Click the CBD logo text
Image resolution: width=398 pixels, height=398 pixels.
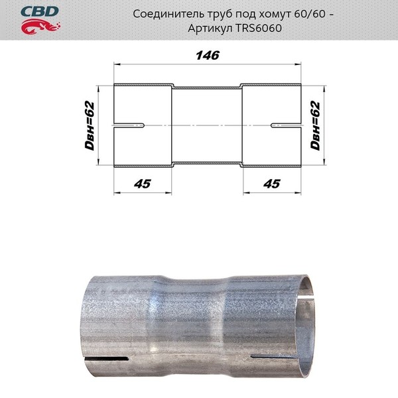[x=40, y=12]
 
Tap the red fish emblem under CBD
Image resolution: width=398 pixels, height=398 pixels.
[x=40, y=27]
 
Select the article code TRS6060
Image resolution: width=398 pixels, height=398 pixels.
[x=259, y=28]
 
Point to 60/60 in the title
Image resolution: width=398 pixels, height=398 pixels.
[x=310, y=14]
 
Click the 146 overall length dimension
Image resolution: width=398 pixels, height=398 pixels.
[x=208, y=55]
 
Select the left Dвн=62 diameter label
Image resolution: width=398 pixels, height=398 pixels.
[x=90, y=125]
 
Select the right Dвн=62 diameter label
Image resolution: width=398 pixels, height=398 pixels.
[x=315, y=125]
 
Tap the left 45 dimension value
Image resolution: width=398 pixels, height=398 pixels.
[x=143, y=184]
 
